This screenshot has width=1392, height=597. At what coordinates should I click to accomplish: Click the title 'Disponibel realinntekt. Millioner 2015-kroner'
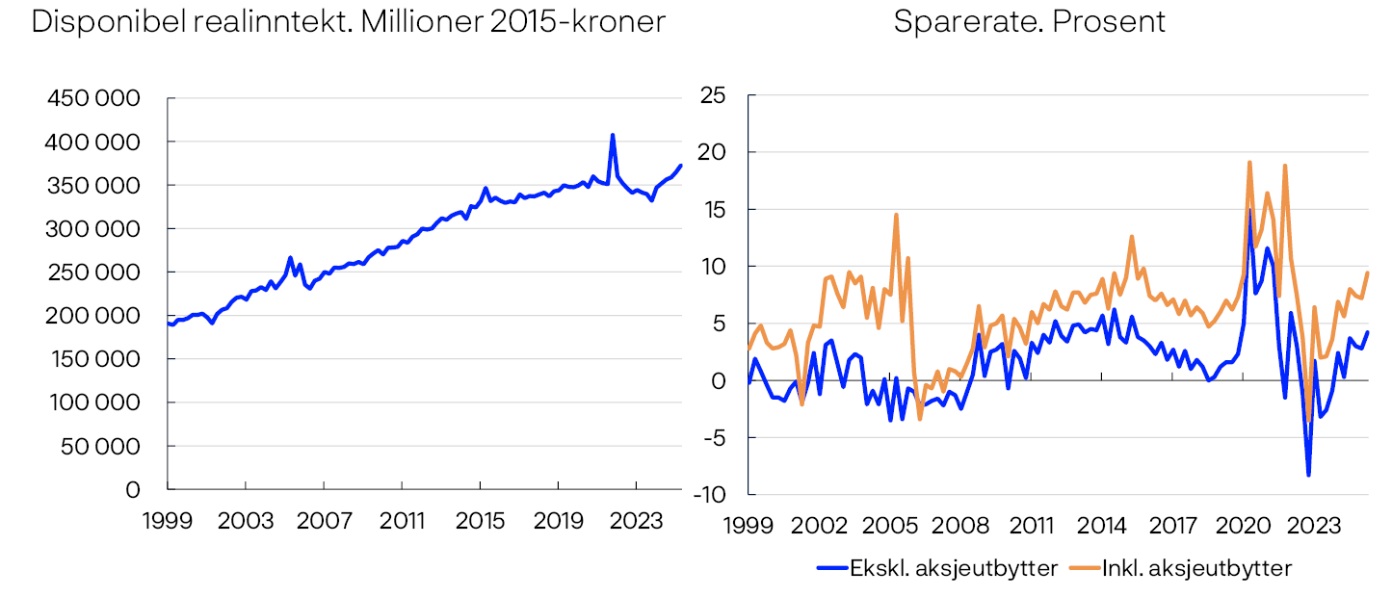348,22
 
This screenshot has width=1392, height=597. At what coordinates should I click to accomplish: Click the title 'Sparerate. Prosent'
1029,22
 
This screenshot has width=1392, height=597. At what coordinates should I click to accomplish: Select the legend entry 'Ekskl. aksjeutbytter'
953,568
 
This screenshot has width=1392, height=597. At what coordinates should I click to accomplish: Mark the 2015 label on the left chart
480,521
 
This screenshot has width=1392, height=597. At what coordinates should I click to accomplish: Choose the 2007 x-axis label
324,521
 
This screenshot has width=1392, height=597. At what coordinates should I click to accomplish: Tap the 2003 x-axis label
246,521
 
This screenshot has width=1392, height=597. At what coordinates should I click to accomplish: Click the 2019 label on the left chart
558,521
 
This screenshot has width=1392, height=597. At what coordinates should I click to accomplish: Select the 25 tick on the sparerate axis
713,95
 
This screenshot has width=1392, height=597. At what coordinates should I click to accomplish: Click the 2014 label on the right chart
1102,527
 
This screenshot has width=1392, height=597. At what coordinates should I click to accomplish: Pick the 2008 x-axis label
960,527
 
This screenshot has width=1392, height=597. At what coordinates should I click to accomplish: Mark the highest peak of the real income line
613,135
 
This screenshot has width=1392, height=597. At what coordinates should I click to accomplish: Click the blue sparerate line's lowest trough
1308,475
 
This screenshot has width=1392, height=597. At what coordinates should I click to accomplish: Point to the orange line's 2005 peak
896,215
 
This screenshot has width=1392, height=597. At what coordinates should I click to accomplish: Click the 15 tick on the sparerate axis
714,209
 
